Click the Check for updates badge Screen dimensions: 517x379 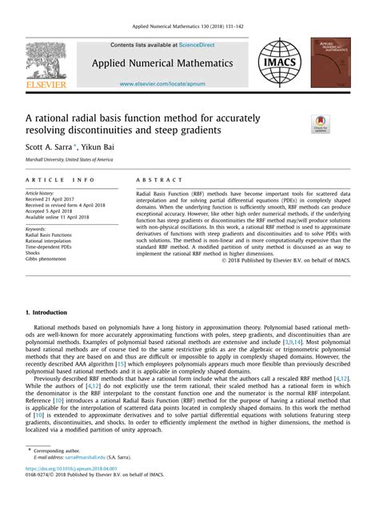click(320, 124)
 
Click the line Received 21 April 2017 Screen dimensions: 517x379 click(55, 199)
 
